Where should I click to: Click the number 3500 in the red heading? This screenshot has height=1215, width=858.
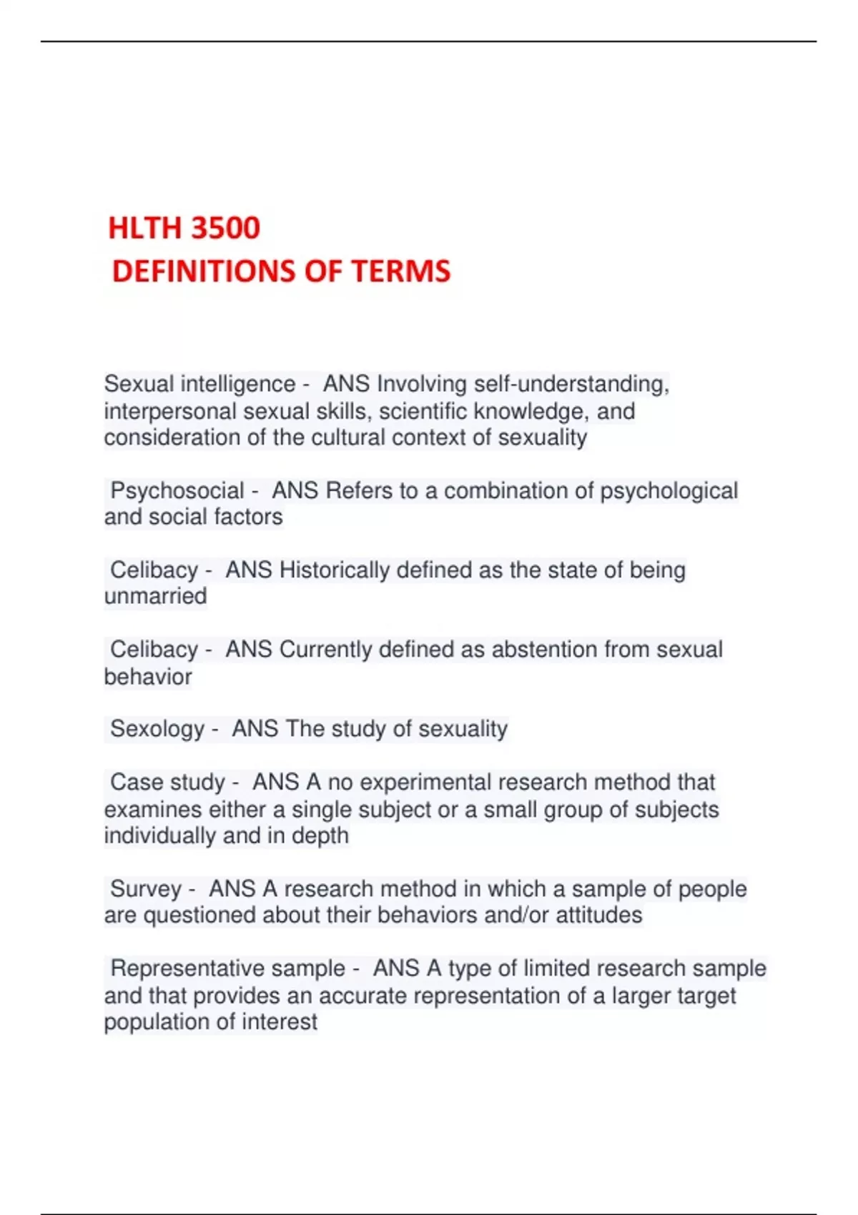225,228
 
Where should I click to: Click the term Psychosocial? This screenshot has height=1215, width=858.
177,491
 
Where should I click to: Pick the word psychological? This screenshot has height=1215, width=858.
669,491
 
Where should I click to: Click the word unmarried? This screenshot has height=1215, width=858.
155,596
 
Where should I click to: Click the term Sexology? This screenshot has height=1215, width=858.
157,729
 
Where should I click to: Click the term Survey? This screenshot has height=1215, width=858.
146,889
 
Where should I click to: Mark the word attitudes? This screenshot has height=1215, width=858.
598,916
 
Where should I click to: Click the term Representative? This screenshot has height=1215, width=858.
189,968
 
